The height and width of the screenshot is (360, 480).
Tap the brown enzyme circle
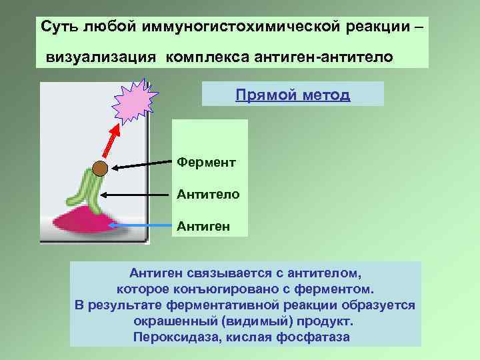click(100, 168)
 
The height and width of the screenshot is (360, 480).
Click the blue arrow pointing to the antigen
click(140, 226)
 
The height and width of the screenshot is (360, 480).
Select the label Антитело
click(204, 194)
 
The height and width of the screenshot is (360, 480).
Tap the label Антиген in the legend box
click(203, 226)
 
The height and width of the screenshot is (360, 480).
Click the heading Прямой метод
click(292, 95)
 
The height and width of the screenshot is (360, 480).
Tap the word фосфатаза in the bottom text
click(317, 336)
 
